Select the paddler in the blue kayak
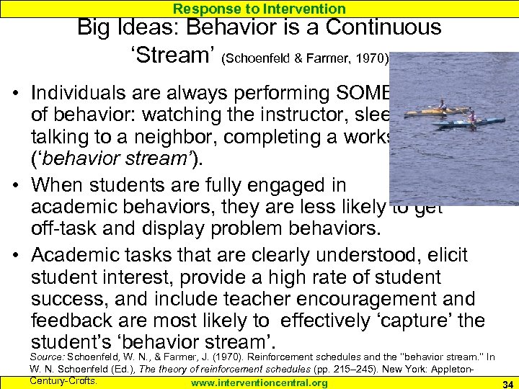471,116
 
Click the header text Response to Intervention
259,9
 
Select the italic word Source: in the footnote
47,357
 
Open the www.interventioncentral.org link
259,383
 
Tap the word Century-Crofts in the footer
63,380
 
